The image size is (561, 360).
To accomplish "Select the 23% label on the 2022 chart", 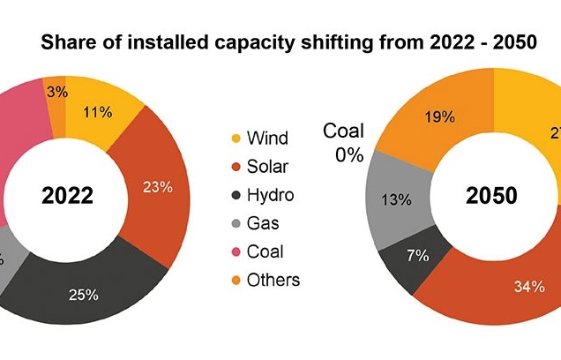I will pos(158,186).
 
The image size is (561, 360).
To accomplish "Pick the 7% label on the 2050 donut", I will pos(418,256).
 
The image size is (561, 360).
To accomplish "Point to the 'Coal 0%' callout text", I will pos(342,141).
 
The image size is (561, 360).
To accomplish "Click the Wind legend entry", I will pos(260,139).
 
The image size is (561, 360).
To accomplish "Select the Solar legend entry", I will pos(262,167).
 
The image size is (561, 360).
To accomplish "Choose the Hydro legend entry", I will pos(264,195).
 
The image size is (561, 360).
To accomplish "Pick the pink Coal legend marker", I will pos(235,252).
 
